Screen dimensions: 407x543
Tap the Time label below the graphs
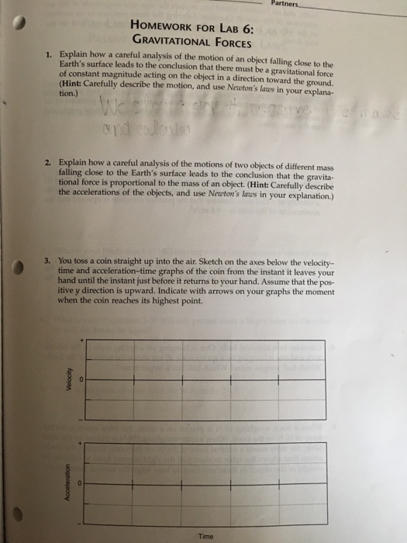[x=205, y=536]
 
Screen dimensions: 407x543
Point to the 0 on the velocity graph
[x=78, y=379]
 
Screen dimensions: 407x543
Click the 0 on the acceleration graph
[x=78, y=482]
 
